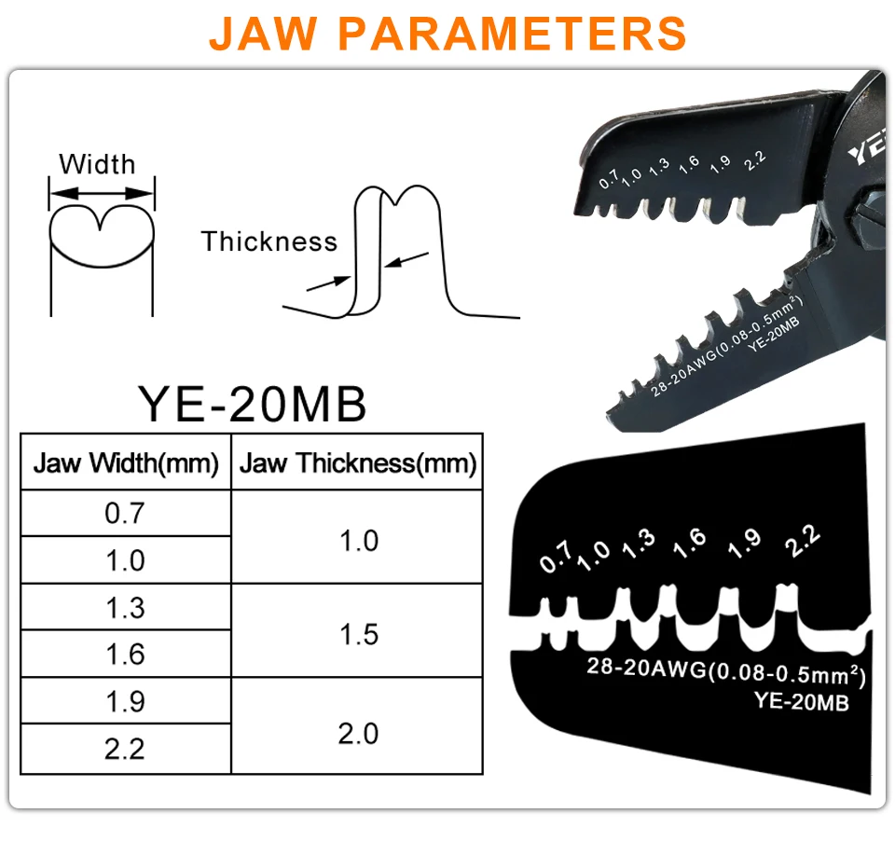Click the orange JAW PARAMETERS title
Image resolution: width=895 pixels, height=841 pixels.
[x=447, y=33]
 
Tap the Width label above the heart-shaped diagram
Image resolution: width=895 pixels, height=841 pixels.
[x=97, y=164]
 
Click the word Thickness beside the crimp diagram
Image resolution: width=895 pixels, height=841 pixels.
[x=268, y=241]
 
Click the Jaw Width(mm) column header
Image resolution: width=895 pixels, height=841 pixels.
[x=126, y=462]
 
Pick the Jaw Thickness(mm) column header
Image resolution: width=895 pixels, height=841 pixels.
[x=358, y=462]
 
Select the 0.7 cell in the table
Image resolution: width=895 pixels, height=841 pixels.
[x=126, y=513]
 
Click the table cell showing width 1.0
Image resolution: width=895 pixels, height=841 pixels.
[x=126, y=560]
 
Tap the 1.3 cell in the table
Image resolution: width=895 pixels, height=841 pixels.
[x=126, y=608]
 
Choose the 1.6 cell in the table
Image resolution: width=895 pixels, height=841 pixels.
[x=126, y=655]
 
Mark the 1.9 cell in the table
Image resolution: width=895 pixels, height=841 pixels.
[x=126, y=702]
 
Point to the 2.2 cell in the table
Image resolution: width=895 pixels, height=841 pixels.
[x=126, y=749]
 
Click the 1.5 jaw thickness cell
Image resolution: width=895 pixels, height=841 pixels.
[x=358, y=634]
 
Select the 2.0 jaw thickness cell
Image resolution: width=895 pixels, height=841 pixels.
[x=358, y=734]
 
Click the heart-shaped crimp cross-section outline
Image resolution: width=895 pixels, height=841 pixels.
[x=101, y=238]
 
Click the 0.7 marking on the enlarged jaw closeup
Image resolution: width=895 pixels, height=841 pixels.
[x=556, y=558]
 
